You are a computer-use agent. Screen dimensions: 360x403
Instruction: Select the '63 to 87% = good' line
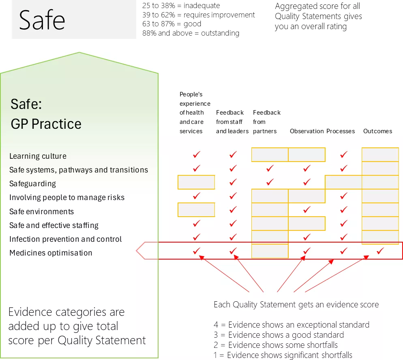(171, 24)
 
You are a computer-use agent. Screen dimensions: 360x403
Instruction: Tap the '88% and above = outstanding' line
(191, 33)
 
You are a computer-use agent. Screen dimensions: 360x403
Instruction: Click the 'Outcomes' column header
(377, 131)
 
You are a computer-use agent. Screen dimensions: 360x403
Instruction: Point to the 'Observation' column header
(307, 131)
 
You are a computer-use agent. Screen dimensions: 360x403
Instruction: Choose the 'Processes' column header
(341, 131)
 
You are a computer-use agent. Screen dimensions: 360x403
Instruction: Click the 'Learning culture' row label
(38, 156)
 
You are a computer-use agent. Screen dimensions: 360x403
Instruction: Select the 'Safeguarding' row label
(32, 184)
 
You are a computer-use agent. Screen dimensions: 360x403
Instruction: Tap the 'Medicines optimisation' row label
(51, 253)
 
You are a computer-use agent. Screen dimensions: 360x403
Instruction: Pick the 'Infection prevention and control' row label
(65, 239)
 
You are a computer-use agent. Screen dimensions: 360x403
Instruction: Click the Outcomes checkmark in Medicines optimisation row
(380, 251)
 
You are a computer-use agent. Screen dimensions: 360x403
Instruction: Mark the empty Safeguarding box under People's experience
(196, 182)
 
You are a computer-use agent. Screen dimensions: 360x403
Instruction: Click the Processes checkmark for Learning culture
(343, 155)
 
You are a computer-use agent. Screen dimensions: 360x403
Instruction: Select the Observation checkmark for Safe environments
(307, 210)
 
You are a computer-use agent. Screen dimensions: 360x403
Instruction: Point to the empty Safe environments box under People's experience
(196, 210)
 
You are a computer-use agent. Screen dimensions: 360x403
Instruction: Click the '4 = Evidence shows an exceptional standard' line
(292, 325)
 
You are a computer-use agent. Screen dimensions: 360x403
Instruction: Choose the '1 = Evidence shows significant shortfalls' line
(283, 355)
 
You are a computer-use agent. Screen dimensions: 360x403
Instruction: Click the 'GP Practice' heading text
(46, 124)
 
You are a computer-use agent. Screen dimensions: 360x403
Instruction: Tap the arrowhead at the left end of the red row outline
(140, 251)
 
